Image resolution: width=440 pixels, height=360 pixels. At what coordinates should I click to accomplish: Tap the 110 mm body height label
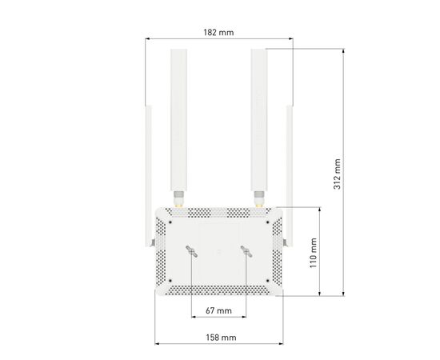pos(314,250)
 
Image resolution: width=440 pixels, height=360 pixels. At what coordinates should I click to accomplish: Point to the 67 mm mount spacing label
pos(218,310)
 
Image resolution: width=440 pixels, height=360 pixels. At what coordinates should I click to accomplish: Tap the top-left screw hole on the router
pos(166,213)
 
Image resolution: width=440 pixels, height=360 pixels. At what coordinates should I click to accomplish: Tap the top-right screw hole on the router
pos(271,213)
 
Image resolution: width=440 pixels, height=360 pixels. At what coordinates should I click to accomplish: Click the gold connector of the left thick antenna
pos(178,198)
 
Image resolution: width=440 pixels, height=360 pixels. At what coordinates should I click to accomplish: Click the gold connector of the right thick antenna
pos(258,198)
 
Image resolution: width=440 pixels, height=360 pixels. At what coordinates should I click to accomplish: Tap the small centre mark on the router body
pos(218,250)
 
